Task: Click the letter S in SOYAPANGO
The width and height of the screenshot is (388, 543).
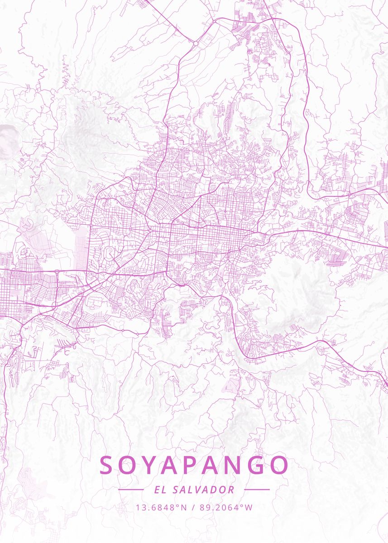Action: tap(107, 465)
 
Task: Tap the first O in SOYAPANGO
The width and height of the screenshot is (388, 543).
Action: tap(129, 465)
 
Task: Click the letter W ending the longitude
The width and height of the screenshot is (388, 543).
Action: tap(249, 507)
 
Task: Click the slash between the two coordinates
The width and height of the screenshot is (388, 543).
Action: tap(193, 507)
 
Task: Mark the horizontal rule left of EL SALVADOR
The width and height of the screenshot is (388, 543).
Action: tap(131, 490)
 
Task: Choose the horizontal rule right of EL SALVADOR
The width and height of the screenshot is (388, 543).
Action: tap(257, 490)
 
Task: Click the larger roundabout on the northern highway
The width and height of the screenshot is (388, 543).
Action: tap(196, 43)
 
